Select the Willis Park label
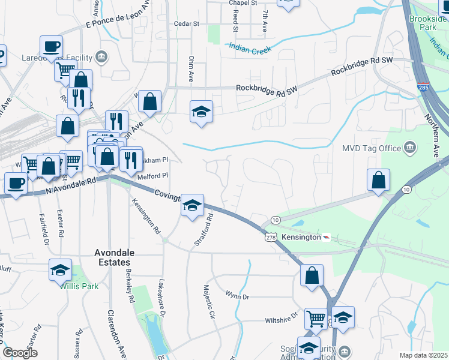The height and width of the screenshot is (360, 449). click(x=79, y=286)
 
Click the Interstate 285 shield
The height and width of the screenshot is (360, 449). click(x=423, y=87)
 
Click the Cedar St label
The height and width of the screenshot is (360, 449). click(x=186, y=24)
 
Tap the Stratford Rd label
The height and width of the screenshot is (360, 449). click(x=204, y=231)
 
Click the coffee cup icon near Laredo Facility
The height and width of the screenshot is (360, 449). click(x=52, y=46)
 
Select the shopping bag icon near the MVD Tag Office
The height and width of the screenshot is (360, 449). click(x=378, y=179)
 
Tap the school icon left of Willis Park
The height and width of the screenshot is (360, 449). click(x=60, y=270)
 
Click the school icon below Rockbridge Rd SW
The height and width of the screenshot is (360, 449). click(x=202, y=111)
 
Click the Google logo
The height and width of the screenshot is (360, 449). click(x=20, y=353)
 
